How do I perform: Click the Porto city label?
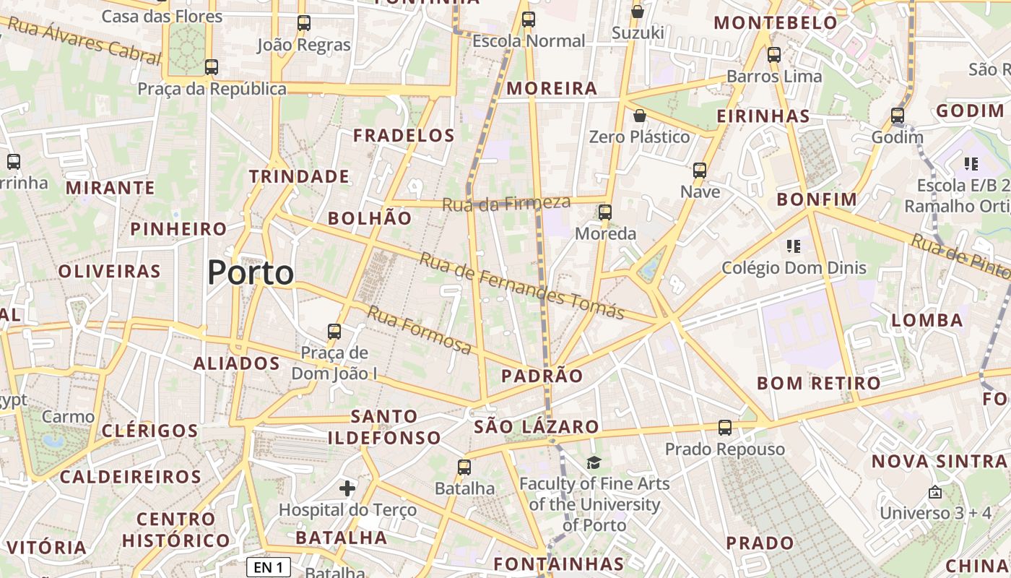(251, 273)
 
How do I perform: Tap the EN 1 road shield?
(268, 567)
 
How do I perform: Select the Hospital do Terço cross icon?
(347, 488)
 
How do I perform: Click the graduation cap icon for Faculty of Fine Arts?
(594, 462)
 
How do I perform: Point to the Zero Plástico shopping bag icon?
(639, 116)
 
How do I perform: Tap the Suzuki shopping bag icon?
(638, 12)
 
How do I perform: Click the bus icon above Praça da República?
(212, 67)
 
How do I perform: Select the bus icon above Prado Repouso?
(725, 428)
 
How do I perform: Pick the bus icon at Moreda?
(605, 212)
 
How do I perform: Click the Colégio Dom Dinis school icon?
(794, 246)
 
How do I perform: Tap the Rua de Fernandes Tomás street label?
(521, 285)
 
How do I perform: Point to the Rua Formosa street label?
(420, 330)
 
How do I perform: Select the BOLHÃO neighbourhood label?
(370, 218)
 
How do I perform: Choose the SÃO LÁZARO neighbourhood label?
(537, 427)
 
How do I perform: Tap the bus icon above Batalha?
(464, 467)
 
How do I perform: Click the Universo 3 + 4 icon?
(935, 492)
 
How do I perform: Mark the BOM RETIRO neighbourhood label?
(819, 383)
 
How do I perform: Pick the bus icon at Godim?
(898, 116)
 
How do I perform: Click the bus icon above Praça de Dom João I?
(334, 332)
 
